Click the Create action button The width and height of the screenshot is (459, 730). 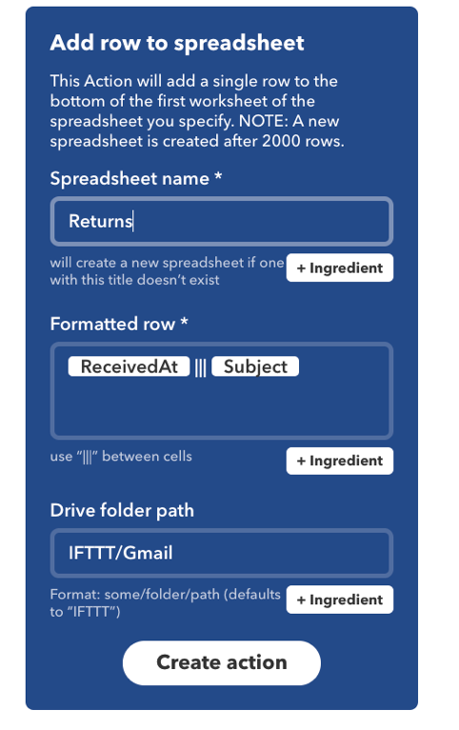(221, 662)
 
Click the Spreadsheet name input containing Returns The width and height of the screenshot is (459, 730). (221, 221)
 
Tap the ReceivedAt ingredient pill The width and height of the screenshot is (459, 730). (130, 366)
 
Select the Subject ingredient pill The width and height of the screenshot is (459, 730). (255, 366)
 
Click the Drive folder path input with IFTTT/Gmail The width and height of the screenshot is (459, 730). (221, 553)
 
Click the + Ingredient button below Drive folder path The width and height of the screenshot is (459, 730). (340, 600)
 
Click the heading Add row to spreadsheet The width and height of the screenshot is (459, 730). (177, 43)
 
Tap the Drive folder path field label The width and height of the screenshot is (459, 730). (122, 510)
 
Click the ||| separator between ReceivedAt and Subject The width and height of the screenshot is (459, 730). (200, 367)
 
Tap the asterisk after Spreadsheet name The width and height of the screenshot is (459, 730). (218, 175)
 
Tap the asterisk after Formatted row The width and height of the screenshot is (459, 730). (184, 321)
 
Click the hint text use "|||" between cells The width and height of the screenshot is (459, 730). (121, 456)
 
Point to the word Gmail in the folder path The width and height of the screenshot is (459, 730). (149, 553)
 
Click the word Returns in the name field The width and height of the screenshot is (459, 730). (100, 221)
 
